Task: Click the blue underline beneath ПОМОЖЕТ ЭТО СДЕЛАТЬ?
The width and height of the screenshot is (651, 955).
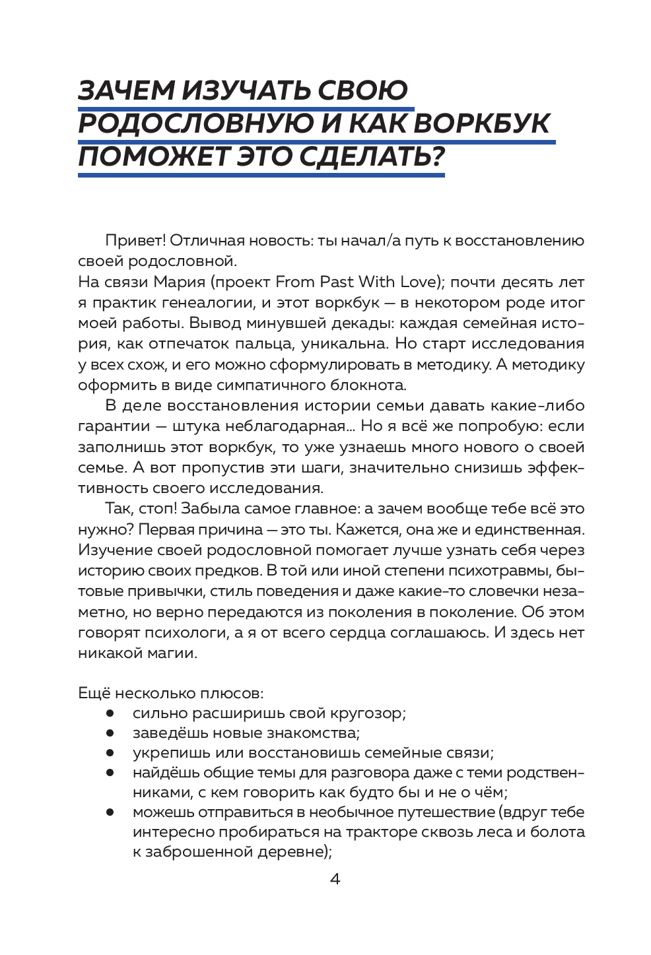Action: coord(261,175)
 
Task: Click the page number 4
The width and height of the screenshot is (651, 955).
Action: coord(335,880)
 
